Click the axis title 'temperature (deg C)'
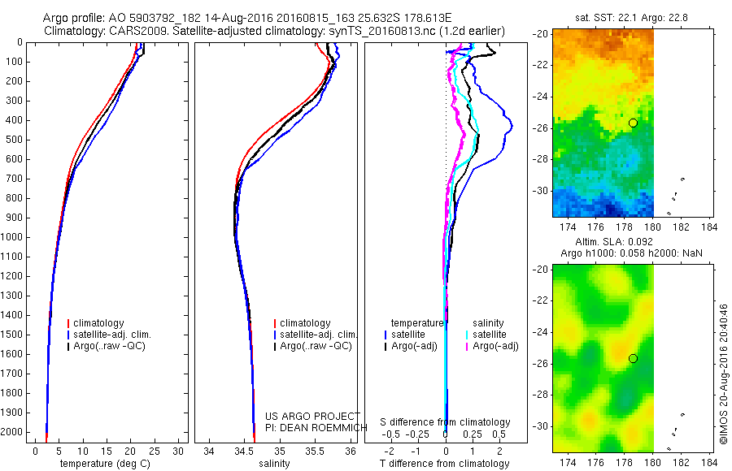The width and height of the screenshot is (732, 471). [103, 464]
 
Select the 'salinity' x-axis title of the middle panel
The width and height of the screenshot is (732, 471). [274, 464]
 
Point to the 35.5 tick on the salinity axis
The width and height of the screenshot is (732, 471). [315, 451]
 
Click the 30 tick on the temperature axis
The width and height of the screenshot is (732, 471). [178, 451]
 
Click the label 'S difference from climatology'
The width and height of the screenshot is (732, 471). [446, 422]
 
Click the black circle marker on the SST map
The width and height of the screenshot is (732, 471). [633, 123]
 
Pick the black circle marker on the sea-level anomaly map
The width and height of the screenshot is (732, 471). [633, 358]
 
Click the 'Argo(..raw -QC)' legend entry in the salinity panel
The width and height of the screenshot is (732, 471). [316, 346]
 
